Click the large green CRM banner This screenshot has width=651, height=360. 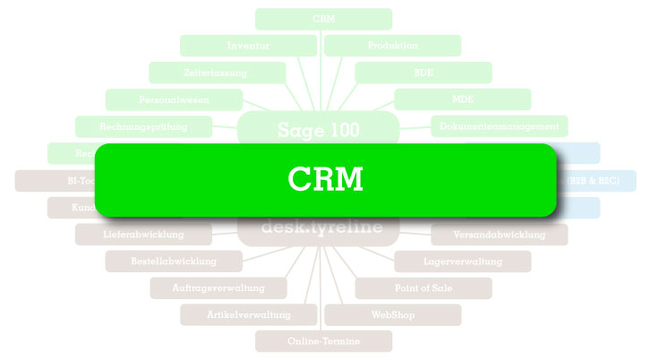(x=326, y=180)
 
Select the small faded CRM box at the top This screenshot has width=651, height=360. (x=323, y=19)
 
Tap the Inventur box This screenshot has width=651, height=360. (x=248, y=46)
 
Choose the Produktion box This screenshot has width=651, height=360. (x=392, y=46)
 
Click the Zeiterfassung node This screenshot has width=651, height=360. (x=218, y=73)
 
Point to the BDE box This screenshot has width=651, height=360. (x=423, y=73)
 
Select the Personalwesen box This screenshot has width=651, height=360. (x=174, y=99)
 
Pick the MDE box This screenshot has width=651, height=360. (x=462, y=99)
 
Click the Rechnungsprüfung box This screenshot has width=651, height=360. (x=143, y=126)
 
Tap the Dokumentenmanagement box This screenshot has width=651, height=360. (x=499, y=126)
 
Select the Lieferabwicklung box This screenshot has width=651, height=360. (x=143, y=235)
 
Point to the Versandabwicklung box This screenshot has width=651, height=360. (x=499, y=235)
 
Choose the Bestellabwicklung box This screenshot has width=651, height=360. (x=174, y=261)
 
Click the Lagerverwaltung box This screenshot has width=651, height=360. (x=462, y=261)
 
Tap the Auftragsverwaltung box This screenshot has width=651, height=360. (x=218, y=288)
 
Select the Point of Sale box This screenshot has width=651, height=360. (x=423, y=288)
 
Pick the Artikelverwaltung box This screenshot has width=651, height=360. (x=248, y=315)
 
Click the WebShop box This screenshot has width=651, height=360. (x=392, y=315)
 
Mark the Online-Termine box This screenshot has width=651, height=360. (x=323, y=341)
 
